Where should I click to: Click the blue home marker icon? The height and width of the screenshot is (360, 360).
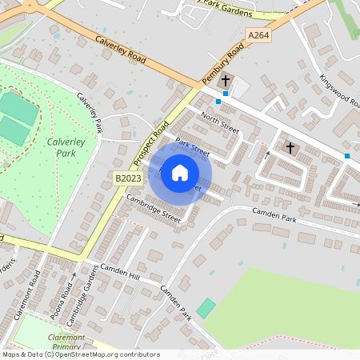click(x=180, y=173)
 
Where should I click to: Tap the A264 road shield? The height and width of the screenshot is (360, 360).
click(x=258, y=35)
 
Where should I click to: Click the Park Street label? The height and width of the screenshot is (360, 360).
click(x=192, y=147)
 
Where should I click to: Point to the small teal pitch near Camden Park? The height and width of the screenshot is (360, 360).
click(x=206, y=308)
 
